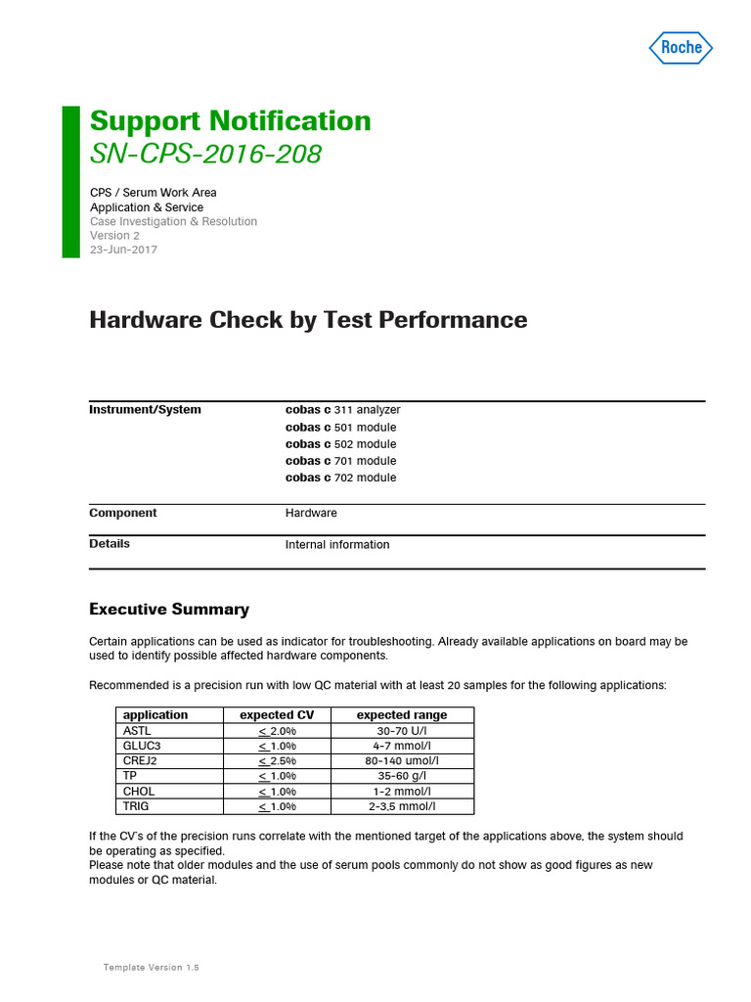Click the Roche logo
tap(682, 47)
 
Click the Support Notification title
tap(230, 121)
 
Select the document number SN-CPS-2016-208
tap(205, 154)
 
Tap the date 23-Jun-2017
tap(123, 250)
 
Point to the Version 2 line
tap(115, 235)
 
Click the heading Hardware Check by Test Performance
tap(308, 320)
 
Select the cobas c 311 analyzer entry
tap(342, 410)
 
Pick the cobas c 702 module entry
tap(340, 478)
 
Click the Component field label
tap(123, 513)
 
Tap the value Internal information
tap(337, 545)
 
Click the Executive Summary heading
tap(169, 610)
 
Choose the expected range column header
tap(402, 715)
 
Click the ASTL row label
tap(138, 731)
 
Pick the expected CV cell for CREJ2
tap(277, 761)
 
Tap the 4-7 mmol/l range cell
tap(402, 746)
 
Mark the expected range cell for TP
tap(402, 776)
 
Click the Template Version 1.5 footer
tap(151, 967)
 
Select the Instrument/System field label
tap(145, 410)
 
